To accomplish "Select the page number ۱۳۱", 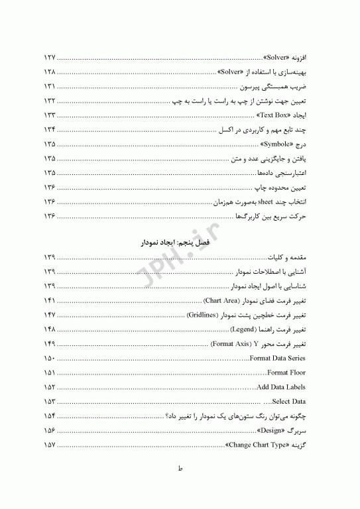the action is tap(50, 86).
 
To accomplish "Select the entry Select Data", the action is tap(289, 402).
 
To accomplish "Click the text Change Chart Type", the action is tap(260, 445).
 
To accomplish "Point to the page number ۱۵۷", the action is tap(50, 445).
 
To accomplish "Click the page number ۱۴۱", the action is tap(50, 301).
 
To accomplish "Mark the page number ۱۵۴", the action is tap(50, 416).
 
